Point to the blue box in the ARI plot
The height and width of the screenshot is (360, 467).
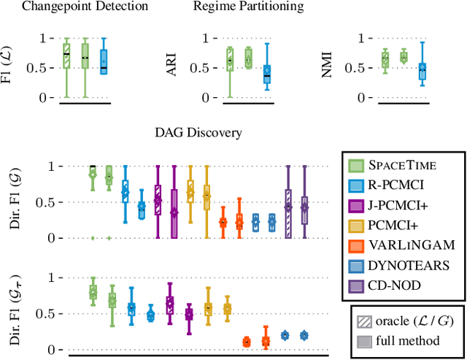266,72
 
